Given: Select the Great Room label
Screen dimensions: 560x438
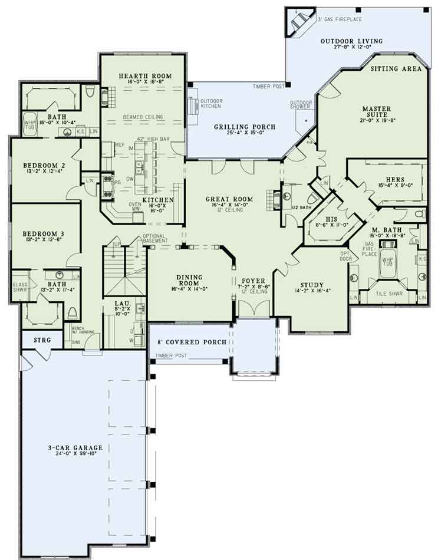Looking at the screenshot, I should [x=229, y=199].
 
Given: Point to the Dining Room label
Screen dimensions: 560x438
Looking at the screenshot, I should [x=189, y=278].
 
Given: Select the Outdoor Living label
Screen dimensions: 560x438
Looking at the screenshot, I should [x=359, y=41].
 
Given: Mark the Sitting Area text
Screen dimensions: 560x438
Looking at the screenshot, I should [x=396, y=69].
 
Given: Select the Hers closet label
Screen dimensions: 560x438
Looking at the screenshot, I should [x=395, y=179].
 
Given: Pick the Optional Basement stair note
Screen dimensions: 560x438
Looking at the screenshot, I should [x=155, y=238].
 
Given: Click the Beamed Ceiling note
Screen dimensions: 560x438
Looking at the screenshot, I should [x=143, y=117].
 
